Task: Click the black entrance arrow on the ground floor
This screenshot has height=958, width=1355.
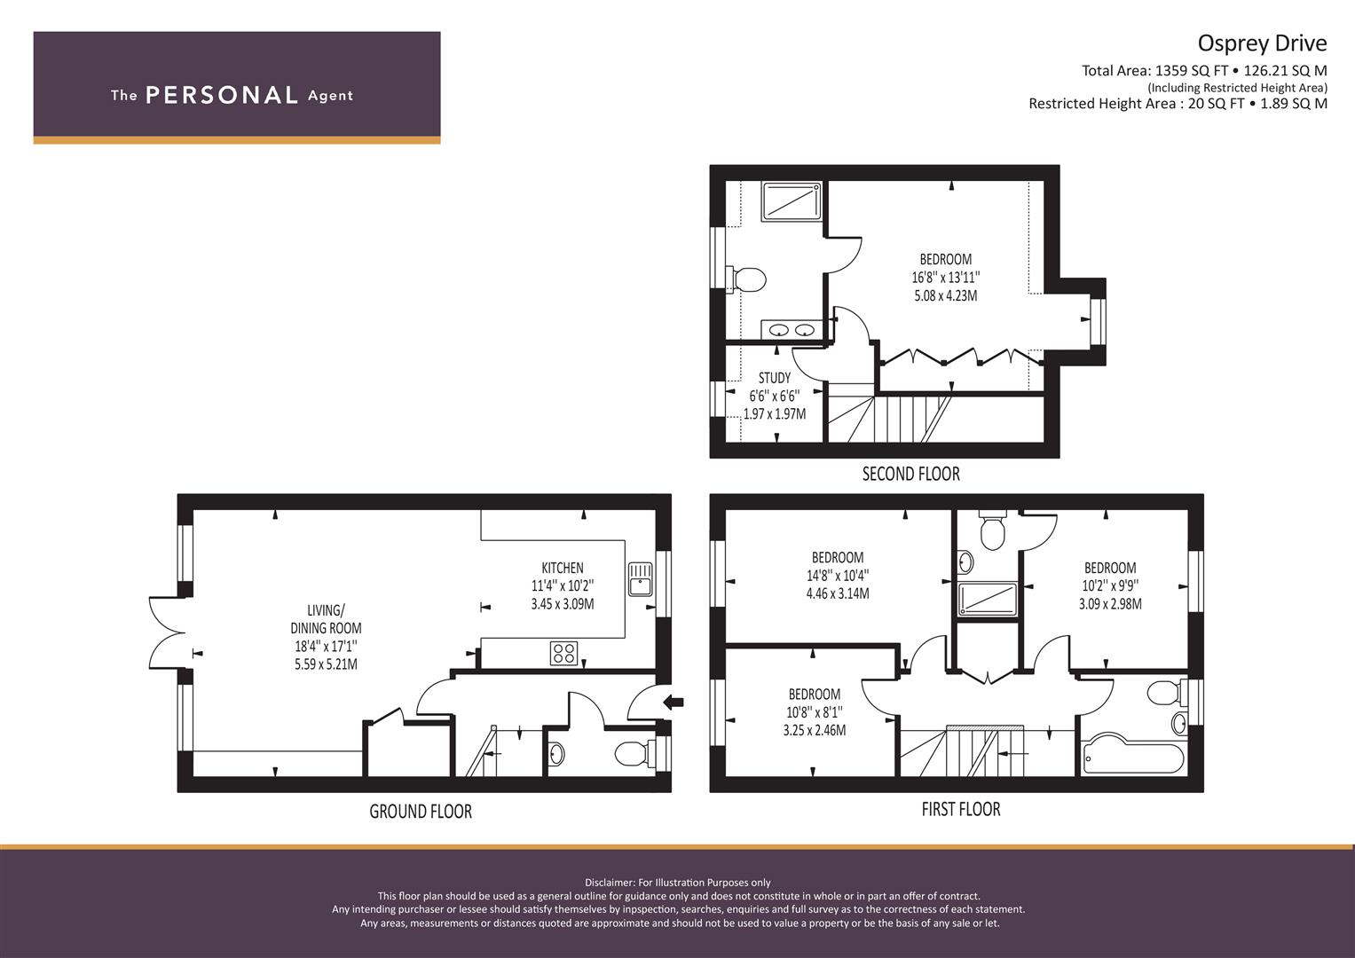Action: (674, 703)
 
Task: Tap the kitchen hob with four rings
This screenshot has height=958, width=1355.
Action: (563, 653)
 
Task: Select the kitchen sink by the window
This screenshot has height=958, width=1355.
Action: (641, 579)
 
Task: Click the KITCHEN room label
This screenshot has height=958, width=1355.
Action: (563, 568)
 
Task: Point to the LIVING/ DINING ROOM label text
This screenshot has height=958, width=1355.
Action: (326, 619)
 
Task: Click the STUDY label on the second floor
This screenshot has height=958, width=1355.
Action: (775, 378)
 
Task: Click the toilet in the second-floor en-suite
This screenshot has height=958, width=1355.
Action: (746, 279)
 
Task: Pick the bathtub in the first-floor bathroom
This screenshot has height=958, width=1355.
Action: (1133, 756)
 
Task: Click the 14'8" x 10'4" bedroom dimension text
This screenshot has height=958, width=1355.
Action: (837, 575)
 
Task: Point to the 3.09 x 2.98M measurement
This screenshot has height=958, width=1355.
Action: (1110, 603)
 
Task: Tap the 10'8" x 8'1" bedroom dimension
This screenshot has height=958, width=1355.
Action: (815, 711)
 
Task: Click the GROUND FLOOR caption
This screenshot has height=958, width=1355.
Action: (421, 811)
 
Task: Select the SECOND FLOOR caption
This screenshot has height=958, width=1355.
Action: (911, 474)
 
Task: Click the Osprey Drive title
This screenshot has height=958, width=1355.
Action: (1263, 43)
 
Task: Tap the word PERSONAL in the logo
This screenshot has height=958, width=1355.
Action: (222, 95)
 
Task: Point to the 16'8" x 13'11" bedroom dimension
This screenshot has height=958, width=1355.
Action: (945, 278)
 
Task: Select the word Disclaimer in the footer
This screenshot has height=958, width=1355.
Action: (609, 883)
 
